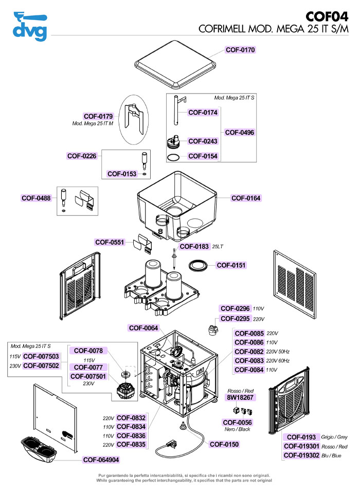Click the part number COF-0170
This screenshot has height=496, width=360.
click(240, 50)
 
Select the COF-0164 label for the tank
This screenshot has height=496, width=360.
click(246, 198)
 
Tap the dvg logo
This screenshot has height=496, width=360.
click(30, 26)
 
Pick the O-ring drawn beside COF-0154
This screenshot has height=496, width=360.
click(174, 156)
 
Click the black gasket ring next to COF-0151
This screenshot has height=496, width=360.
click(198, 265)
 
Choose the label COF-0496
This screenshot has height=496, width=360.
click(240, 132)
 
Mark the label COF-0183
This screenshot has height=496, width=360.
click(194, 247)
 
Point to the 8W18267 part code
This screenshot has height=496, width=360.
click(241, 398)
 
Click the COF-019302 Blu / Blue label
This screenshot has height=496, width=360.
click(301, 455)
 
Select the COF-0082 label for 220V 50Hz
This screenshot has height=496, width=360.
click(249, 352)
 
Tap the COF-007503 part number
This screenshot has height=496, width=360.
click(41, 356)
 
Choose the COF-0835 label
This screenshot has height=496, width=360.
click(132, 445)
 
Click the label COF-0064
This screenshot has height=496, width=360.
click(143, 328)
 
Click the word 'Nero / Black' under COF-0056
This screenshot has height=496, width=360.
click(237, 429)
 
